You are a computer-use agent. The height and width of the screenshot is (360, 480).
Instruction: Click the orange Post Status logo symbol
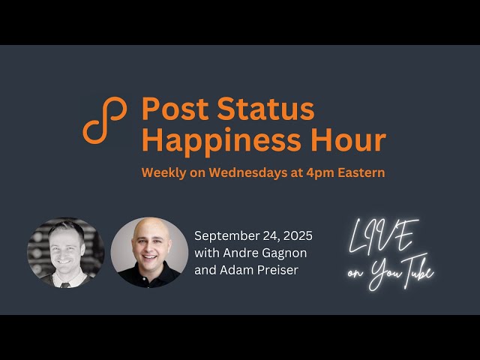coord(105,120)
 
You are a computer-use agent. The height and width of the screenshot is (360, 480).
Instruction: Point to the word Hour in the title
coord(352,140)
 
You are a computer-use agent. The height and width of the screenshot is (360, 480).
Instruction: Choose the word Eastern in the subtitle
coord(361,172)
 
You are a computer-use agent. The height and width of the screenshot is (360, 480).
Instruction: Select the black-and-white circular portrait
coord(65,253)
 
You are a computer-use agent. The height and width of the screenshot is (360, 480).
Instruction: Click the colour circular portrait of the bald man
coord(149,253)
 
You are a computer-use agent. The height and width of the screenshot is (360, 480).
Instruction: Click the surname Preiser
coord(277,269)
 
